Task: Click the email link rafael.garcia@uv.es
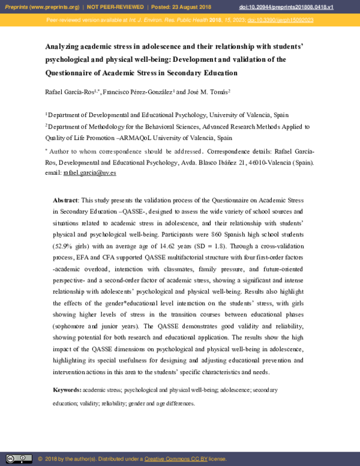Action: (x=89, y=172)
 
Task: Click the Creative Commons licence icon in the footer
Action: (x=19, y=459)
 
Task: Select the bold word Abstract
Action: (x=65, y=199)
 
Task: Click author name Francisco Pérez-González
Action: (x=137, y=92)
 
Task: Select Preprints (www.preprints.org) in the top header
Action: (x=40, y=6)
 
